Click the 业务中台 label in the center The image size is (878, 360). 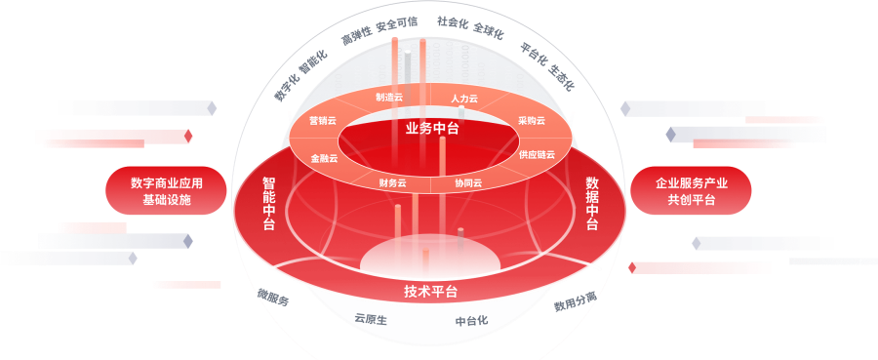[x=432, y=129]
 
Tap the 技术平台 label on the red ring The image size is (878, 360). [x=430, y=292]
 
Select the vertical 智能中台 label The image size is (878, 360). [x=269, y=204]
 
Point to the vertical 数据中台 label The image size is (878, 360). [x=592, y=204]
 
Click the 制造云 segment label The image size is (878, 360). [x=389, y=97]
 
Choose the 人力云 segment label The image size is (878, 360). [x=464, y=99]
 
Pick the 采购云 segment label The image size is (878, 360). [x=532, y=120]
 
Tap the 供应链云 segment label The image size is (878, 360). [x=537, y=154]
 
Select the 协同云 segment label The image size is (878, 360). [x=468, y=182]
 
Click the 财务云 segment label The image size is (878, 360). [x=392, y=182]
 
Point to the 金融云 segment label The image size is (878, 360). [x=324, y=158]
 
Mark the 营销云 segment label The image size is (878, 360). [x=323, y=120]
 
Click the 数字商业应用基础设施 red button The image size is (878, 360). [x=166, y=190]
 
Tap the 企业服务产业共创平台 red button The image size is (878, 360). [x=691, y=190]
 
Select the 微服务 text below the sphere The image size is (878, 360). [x=273, y=297]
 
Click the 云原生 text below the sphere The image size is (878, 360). [x=371, y=319]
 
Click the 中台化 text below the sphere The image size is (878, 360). [x=471, y=321]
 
